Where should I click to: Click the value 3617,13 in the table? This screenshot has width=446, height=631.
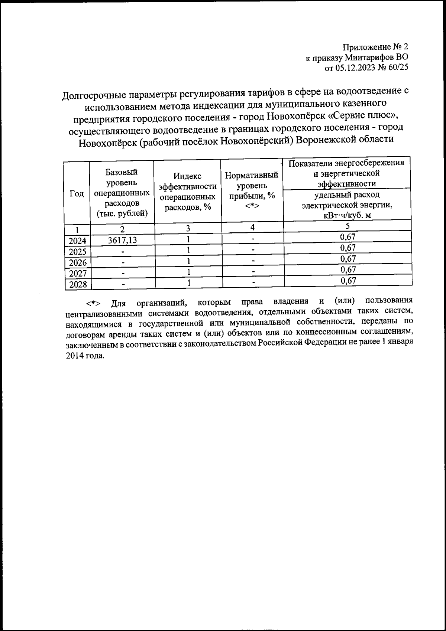coord(122,241)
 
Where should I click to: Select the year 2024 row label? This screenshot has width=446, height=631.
coord(77,241)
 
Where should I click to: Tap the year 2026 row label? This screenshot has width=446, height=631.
coord(77,263)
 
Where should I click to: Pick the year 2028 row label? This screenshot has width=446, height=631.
coord(77,285)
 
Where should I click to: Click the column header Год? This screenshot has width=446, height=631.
coord(77,194)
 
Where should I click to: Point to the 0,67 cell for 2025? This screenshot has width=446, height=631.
coord(348,248)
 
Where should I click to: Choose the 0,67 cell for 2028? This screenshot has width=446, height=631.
coord(348,281)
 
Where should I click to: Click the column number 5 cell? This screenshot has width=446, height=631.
coord(347,226)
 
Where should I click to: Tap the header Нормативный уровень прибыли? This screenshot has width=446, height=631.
coord(252,190)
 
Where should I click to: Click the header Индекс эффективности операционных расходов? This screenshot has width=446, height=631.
coord(188,192)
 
